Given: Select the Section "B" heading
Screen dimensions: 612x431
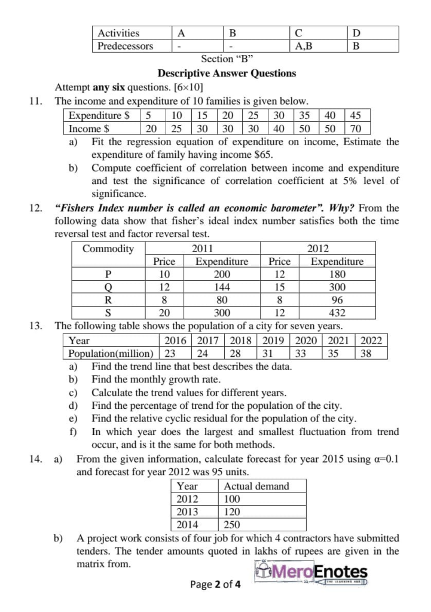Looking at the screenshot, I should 228,59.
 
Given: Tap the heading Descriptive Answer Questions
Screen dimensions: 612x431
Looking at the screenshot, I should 227,74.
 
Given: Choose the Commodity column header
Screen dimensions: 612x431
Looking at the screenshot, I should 108,249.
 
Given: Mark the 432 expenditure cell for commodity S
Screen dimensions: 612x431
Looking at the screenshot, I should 337,313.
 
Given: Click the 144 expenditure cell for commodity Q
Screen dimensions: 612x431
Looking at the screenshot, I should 222,287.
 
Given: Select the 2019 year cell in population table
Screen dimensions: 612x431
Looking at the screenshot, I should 273,341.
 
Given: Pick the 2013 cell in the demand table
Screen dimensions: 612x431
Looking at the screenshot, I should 188,512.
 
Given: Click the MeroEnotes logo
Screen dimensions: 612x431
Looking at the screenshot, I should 313,573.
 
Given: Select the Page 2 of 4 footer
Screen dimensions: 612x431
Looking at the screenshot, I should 216,585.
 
